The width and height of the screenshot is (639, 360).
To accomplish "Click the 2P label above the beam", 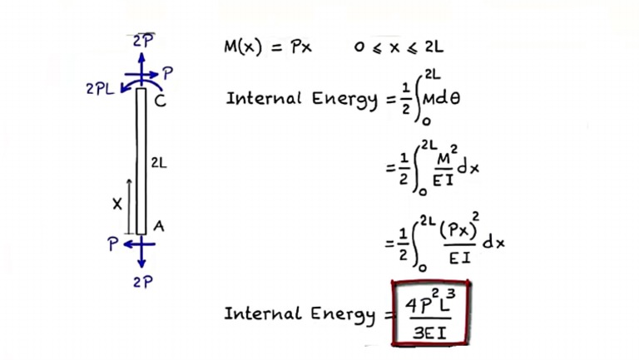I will (x=142, y=40).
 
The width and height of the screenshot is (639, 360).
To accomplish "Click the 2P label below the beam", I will (x=141, y=281).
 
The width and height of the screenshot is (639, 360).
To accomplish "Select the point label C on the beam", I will (x=160, y=101).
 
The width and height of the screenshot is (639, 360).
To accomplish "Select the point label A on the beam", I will (x=159, y=224).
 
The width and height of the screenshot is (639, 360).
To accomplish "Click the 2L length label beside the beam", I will (x=159, y=164).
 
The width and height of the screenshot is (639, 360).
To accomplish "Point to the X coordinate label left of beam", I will (x=116, y=203).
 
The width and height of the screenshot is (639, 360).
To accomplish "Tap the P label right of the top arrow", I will (x=168, y=74).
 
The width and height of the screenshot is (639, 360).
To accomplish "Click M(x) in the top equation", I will (x=245, y=47).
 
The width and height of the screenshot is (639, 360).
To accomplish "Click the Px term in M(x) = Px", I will (x=300, y=47).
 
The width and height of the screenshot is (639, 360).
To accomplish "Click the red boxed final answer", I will (x=431, y=313).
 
